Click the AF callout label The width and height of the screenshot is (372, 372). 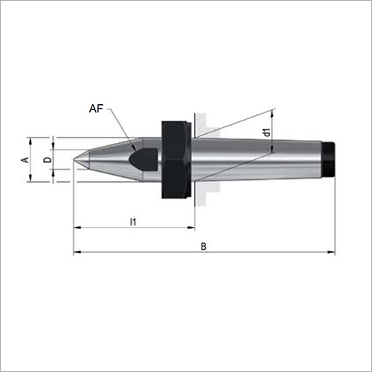click(96, 109)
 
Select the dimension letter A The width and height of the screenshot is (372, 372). click(25, 160)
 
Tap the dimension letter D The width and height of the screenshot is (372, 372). click(48, 160)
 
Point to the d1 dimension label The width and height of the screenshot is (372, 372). click(267, 132)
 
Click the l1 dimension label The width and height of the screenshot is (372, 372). click(133, 222)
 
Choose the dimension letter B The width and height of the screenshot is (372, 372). click(203, 246)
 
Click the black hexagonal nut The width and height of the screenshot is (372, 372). click(176, 159)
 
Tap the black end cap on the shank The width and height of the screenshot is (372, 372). click(329, 159)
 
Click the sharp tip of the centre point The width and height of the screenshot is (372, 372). click(74, 159)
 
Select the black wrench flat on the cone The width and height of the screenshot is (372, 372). click(144, 159)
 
